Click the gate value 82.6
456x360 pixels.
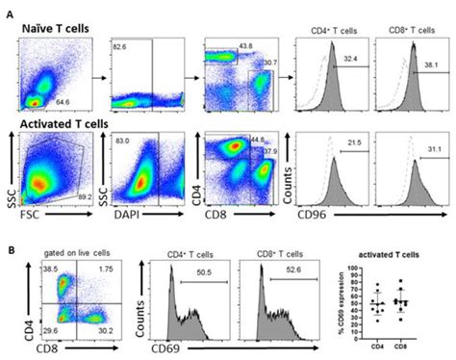(x=120, y=45)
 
